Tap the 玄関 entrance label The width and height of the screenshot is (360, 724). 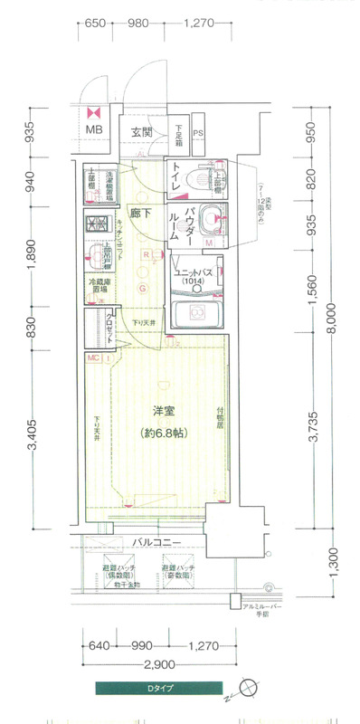tap(140, 132)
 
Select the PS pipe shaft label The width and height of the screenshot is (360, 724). tap(197, 133)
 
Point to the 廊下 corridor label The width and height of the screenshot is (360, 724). tap(140, 214)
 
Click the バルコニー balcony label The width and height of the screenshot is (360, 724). tap(157, 542)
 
